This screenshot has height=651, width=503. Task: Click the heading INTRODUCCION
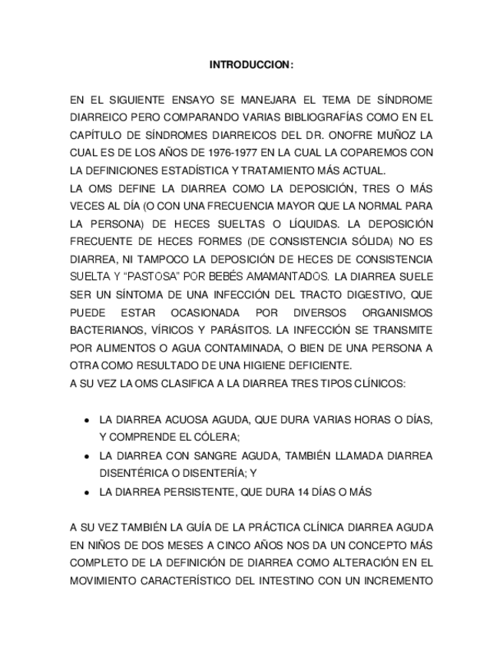(x=251, y=65)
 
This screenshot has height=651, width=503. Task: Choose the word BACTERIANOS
(x=105, y=329)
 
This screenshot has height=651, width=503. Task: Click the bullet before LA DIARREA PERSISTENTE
(x=87, y=492)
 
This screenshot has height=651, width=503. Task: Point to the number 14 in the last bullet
(x=299, y=492)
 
